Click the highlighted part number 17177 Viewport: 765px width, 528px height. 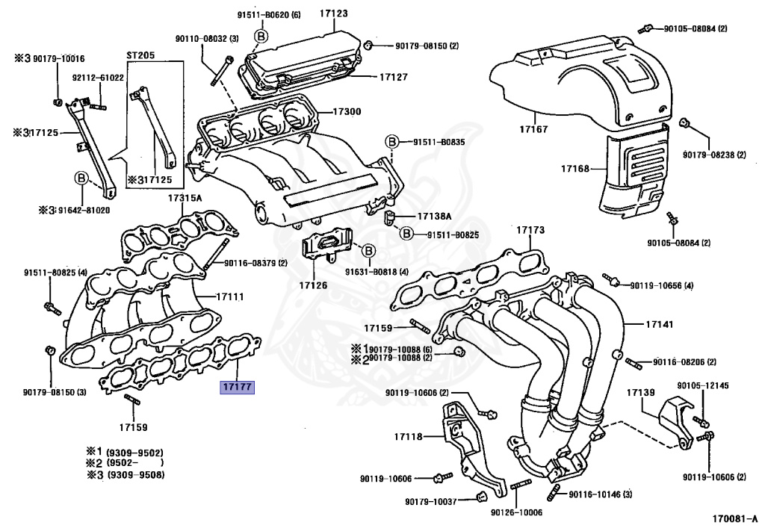236,388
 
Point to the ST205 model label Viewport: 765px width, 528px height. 140,56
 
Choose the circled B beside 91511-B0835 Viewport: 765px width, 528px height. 391,142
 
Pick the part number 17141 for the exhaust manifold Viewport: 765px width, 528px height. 639,325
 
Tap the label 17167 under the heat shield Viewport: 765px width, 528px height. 533,129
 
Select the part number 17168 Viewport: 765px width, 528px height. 575,170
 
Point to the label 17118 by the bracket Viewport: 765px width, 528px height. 409,436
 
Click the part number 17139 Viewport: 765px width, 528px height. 640,392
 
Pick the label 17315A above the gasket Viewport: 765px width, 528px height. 185,199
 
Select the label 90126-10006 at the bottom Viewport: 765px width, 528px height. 515,513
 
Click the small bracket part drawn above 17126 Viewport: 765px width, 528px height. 326,246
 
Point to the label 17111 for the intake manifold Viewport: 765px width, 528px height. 230,296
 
